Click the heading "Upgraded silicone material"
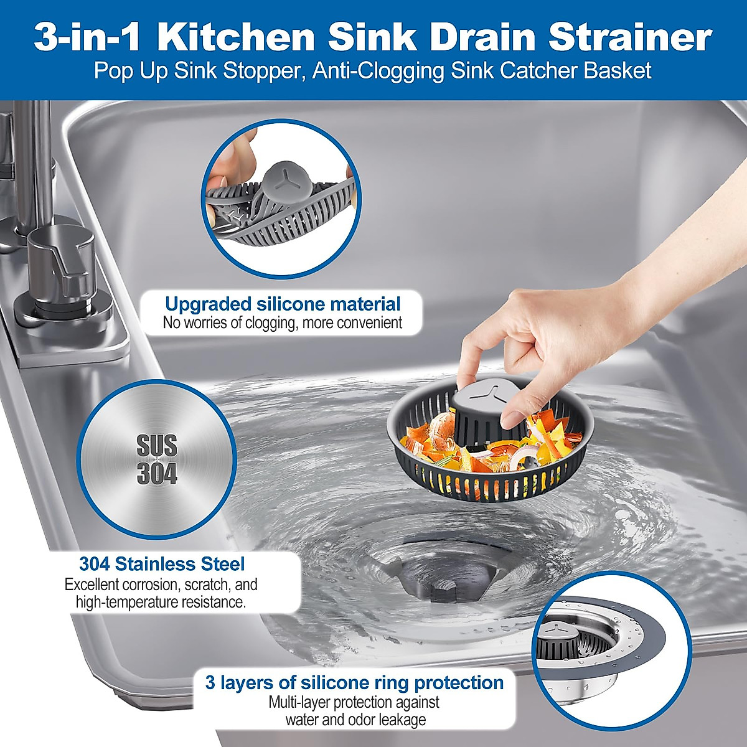click(283, 304)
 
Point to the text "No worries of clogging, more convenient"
click(283, 323)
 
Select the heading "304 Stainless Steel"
click(162, 564)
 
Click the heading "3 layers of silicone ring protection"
click(354, 682)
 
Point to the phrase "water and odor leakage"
click(355, 720)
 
